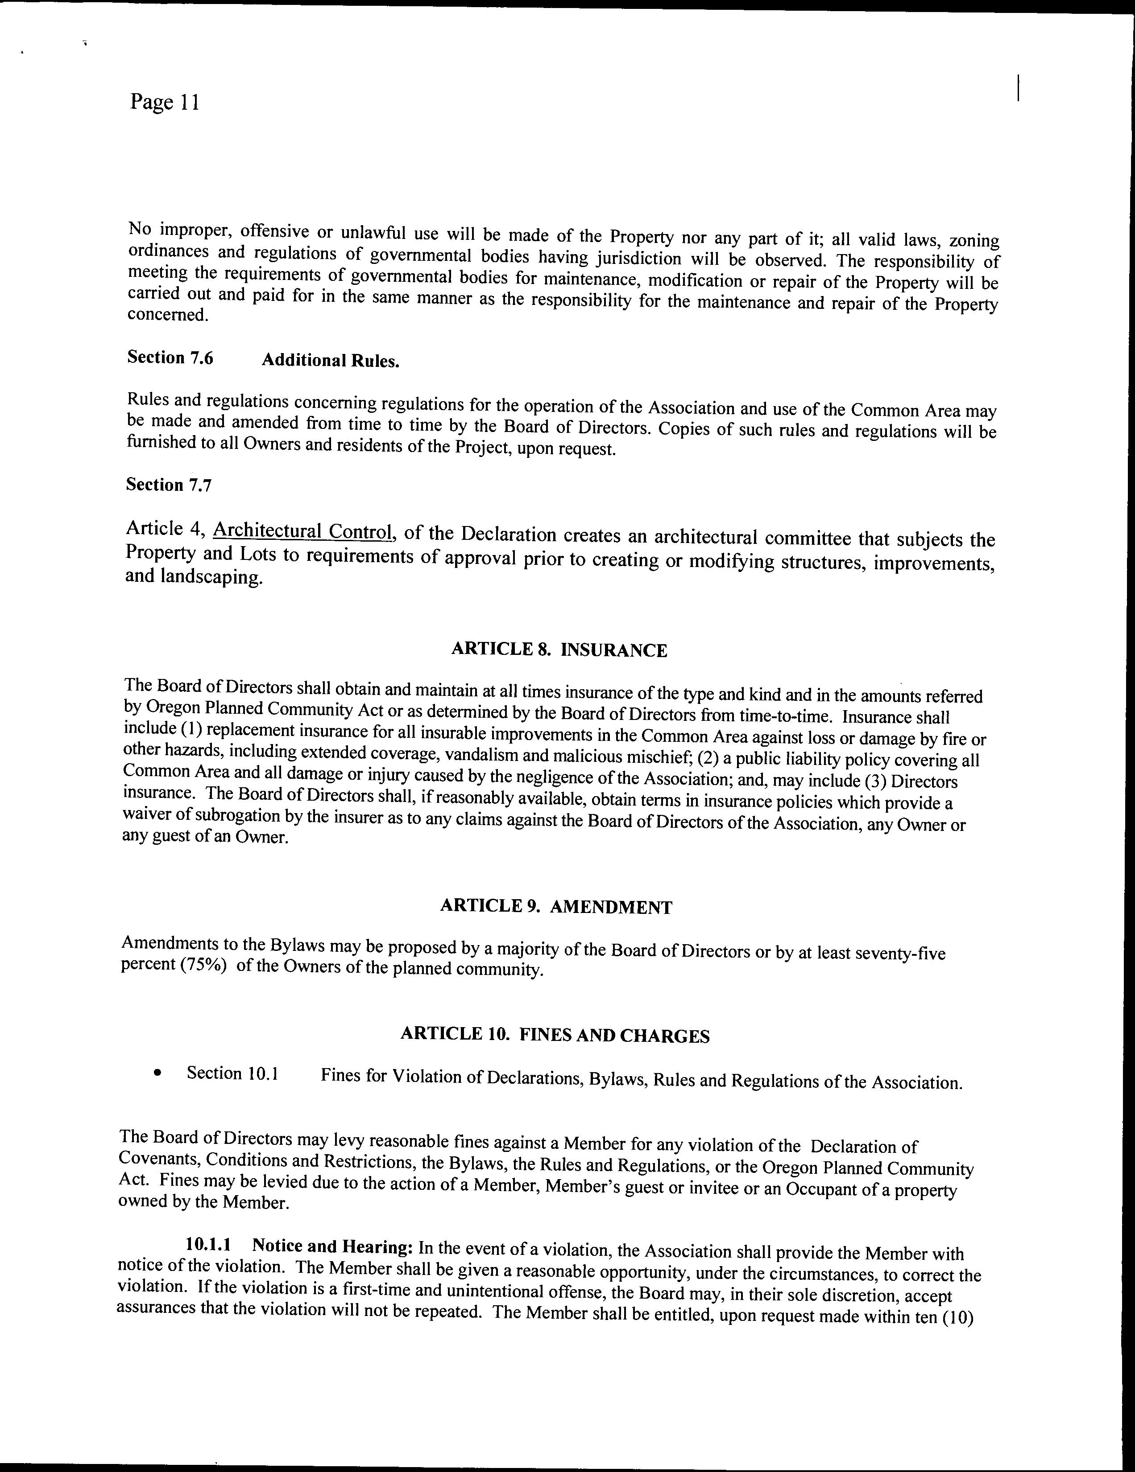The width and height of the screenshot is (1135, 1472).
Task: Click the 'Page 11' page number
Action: click(x=165, y=103)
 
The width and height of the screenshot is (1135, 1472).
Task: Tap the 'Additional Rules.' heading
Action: click(x=331, y=361)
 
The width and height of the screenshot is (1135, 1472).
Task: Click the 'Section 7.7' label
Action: click(x=169, y=485)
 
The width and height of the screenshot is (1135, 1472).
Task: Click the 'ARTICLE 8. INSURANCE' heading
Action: click(x=559, y=650)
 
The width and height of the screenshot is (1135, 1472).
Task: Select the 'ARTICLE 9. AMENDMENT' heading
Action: click(x=556, y=907)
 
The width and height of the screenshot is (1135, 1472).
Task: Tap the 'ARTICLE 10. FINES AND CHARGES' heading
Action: click(x=555, y=1035)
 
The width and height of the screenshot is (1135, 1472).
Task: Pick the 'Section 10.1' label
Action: click(x=232, y=1073)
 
